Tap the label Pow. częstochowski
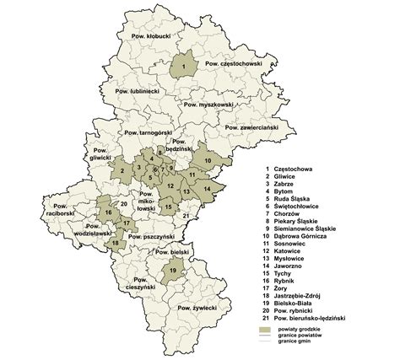tap(235, 64)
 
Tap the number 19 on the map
tap(173, 270)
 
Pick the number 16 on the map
tap(109, 214)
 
